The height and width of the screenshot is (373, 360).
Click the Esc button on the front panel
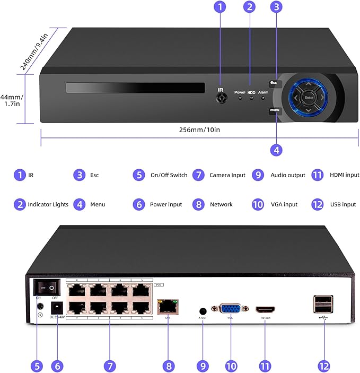[274, 83]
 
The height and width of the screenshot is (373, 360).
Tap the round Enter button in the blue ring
[308, 98]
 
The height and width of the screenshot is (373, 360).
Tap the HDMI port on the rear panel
[266, 309]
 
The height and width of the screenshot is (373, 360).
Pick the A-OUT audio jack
[203, 311]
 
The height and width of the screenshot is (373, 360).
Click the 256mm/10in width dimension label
[199, 130]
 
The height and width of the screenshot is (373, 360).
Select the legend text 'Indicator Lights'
[48, 204]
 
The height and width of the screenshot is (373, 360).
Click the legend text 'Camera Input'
[227, 175]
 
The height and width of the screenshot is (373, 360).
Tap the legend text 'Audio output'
[288, 175]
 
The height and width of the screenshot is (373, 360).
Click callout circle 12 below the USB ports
[323, 366]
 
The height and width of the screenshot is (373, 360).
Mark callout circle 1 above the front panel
[221, 7]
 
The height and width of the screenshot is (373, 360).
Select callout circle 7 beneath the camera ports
[110, 366]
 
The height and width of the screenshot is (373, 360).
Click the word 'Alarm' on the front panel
[264, 92]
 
